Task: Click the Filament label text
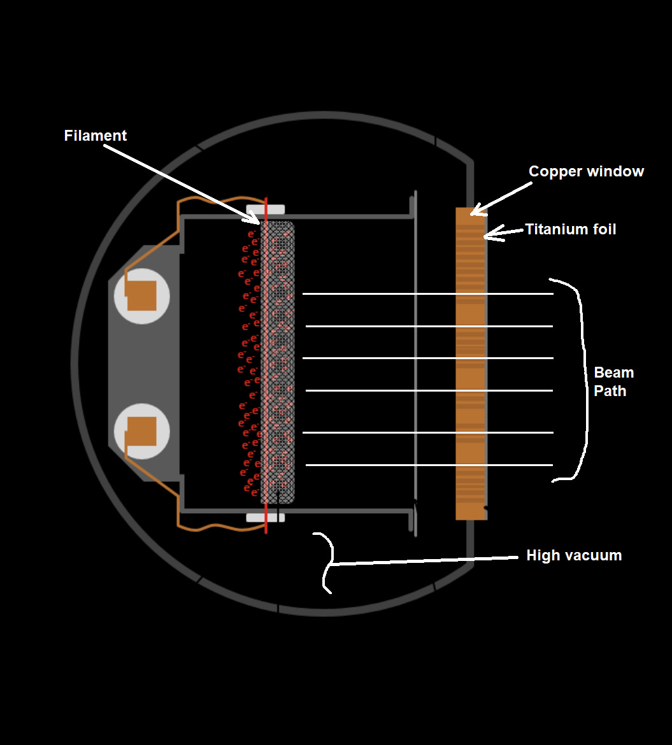96,136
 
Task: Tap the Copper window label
586,171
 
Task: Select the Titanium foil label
570,229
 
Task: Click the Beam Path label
613,381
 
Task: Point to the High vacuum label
573,555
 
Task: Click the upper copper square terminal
141,296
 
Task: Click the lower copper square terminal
141,431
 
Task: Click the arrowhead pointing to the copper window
475,211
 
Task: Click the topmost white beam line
427,294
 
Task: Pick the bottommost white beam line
427,465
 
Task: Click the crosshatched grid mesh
278,363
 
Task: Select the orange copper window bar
470,363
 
